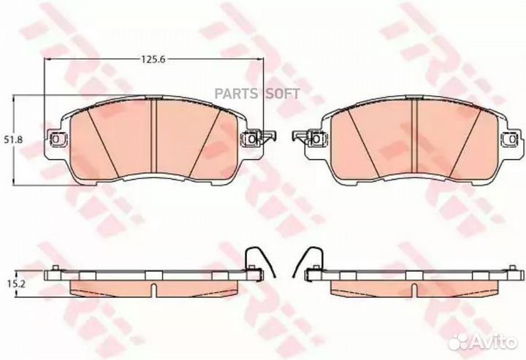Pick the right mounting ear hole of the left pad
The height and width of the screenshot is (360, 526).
pos(253,137)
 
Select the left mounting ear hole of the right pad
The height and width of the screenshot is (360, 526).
pos(317,136)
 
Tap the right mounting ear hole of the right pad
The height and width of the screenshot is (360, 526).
pos(511,137)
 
